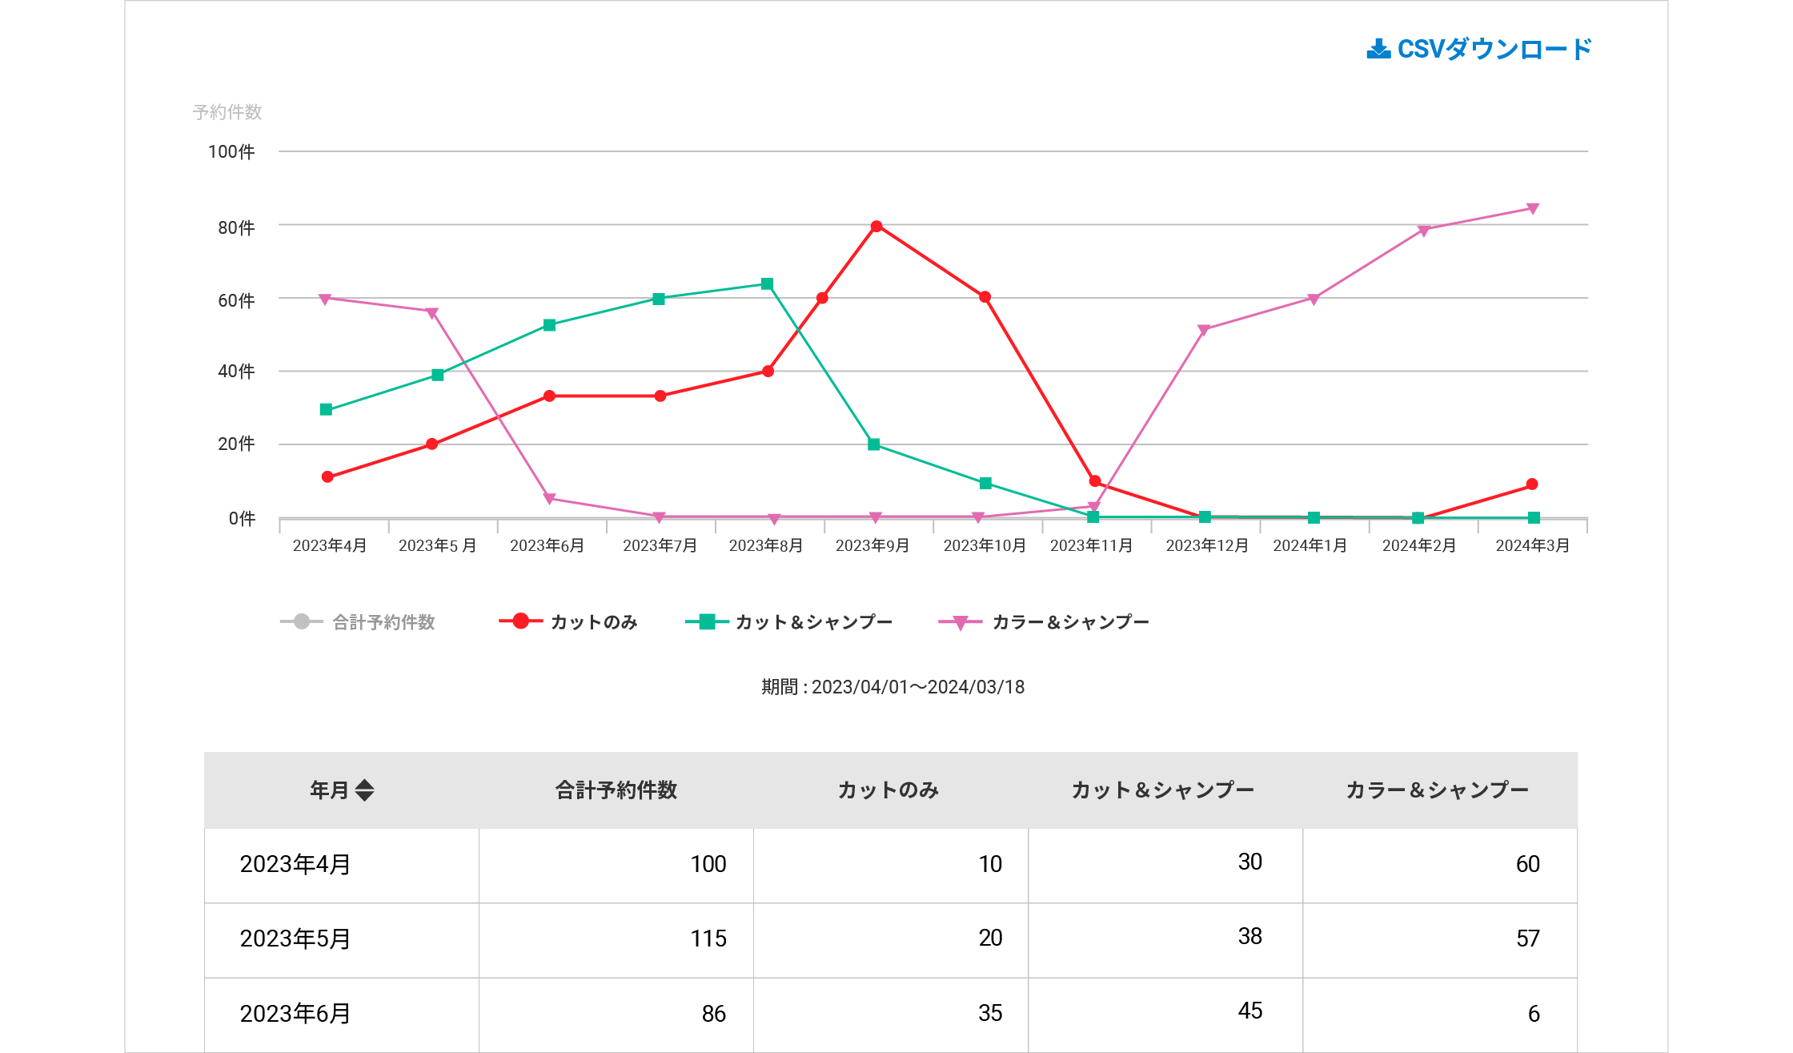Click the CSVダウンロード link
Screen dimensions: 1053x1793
pyautogui.click(x=1479, y=50)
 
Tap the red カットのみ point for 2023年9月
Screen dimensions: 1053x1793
pyautogui.click(x=876, y=227)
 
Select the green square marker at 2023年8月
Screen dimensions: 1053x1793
pyautogui.click(x=767, y=284)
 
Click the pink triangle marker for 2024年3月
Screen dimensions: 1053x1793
pyautogui.click(x=1533, y=209)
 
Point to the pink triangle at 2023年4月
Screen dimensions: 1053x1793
pyautogui.click(x=325, y=299)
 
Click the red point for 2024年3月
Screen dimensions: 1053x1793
pyautogui.click(x=1532, y=484)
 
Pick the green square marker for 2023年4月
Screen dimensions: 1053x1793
pyautogui.click(x=326, y=410)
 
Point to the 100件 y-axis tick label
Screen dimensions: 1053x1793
pyautogui.click(x=231, y=152)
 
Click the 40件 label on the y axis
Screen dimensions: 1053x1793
pyautogui.click(x=236, y=372)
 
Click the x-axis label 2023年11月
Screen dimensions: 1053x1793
pyautogui.click(x=1091, y=545)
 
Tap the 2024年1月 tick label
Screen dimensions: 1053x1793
pyautogui.click(x=1310, y=545)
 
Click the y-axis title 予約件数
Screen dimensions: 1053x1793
pyautogui.click(x=227, y=112)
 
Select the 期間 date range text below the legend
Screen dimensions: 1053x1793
pyautogui.click(x=892, y=687)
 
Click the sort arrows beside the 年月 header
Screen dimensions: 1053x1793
pyautogui.click(x=365, y=790)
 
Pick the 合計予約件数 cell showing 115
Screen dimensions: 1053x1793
pyautogui.click(x=708, y=938)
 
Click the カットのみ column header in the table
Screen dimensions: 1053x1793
pyautogui.click(x=888, y=790)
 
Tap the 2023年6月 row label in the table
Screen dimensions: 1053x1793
pyautogui.click(x=295, y=1014)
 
